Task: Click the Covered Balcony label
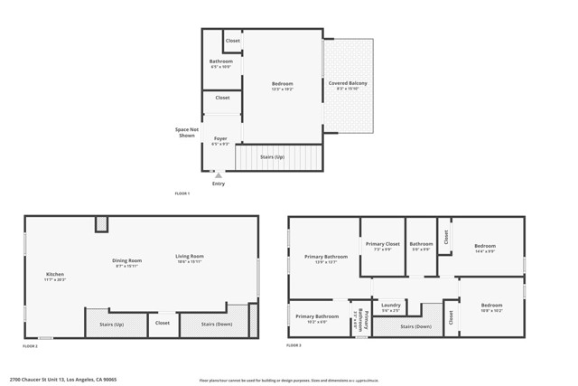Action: [x=348, y=83]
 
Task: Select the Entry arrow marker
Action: [x=218, y=174]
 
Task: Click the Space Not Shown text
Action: [x=187, y=133]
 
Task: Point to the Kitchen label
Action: [x=55, y=275]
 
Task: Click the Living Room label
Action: [x=190, y=256]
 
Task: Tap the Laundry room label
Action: [x=391, y=305]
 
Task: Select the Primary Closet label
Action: [x=382, y=244]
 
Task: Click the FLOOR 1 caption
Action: [x=182, y=193]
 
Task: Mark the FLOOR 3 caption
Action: [x=294, y=346]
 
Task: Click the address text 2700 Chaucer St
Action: [x=63, y=380]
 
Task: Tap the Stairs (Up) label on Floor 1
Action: [x=272, y=156]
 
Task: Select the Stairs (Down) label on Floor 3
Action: [x=415, y=326]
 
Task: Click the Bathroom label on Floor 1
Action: [x=220, y=61]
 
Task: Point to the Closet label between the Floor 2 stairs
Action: [x=163, y=323]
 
